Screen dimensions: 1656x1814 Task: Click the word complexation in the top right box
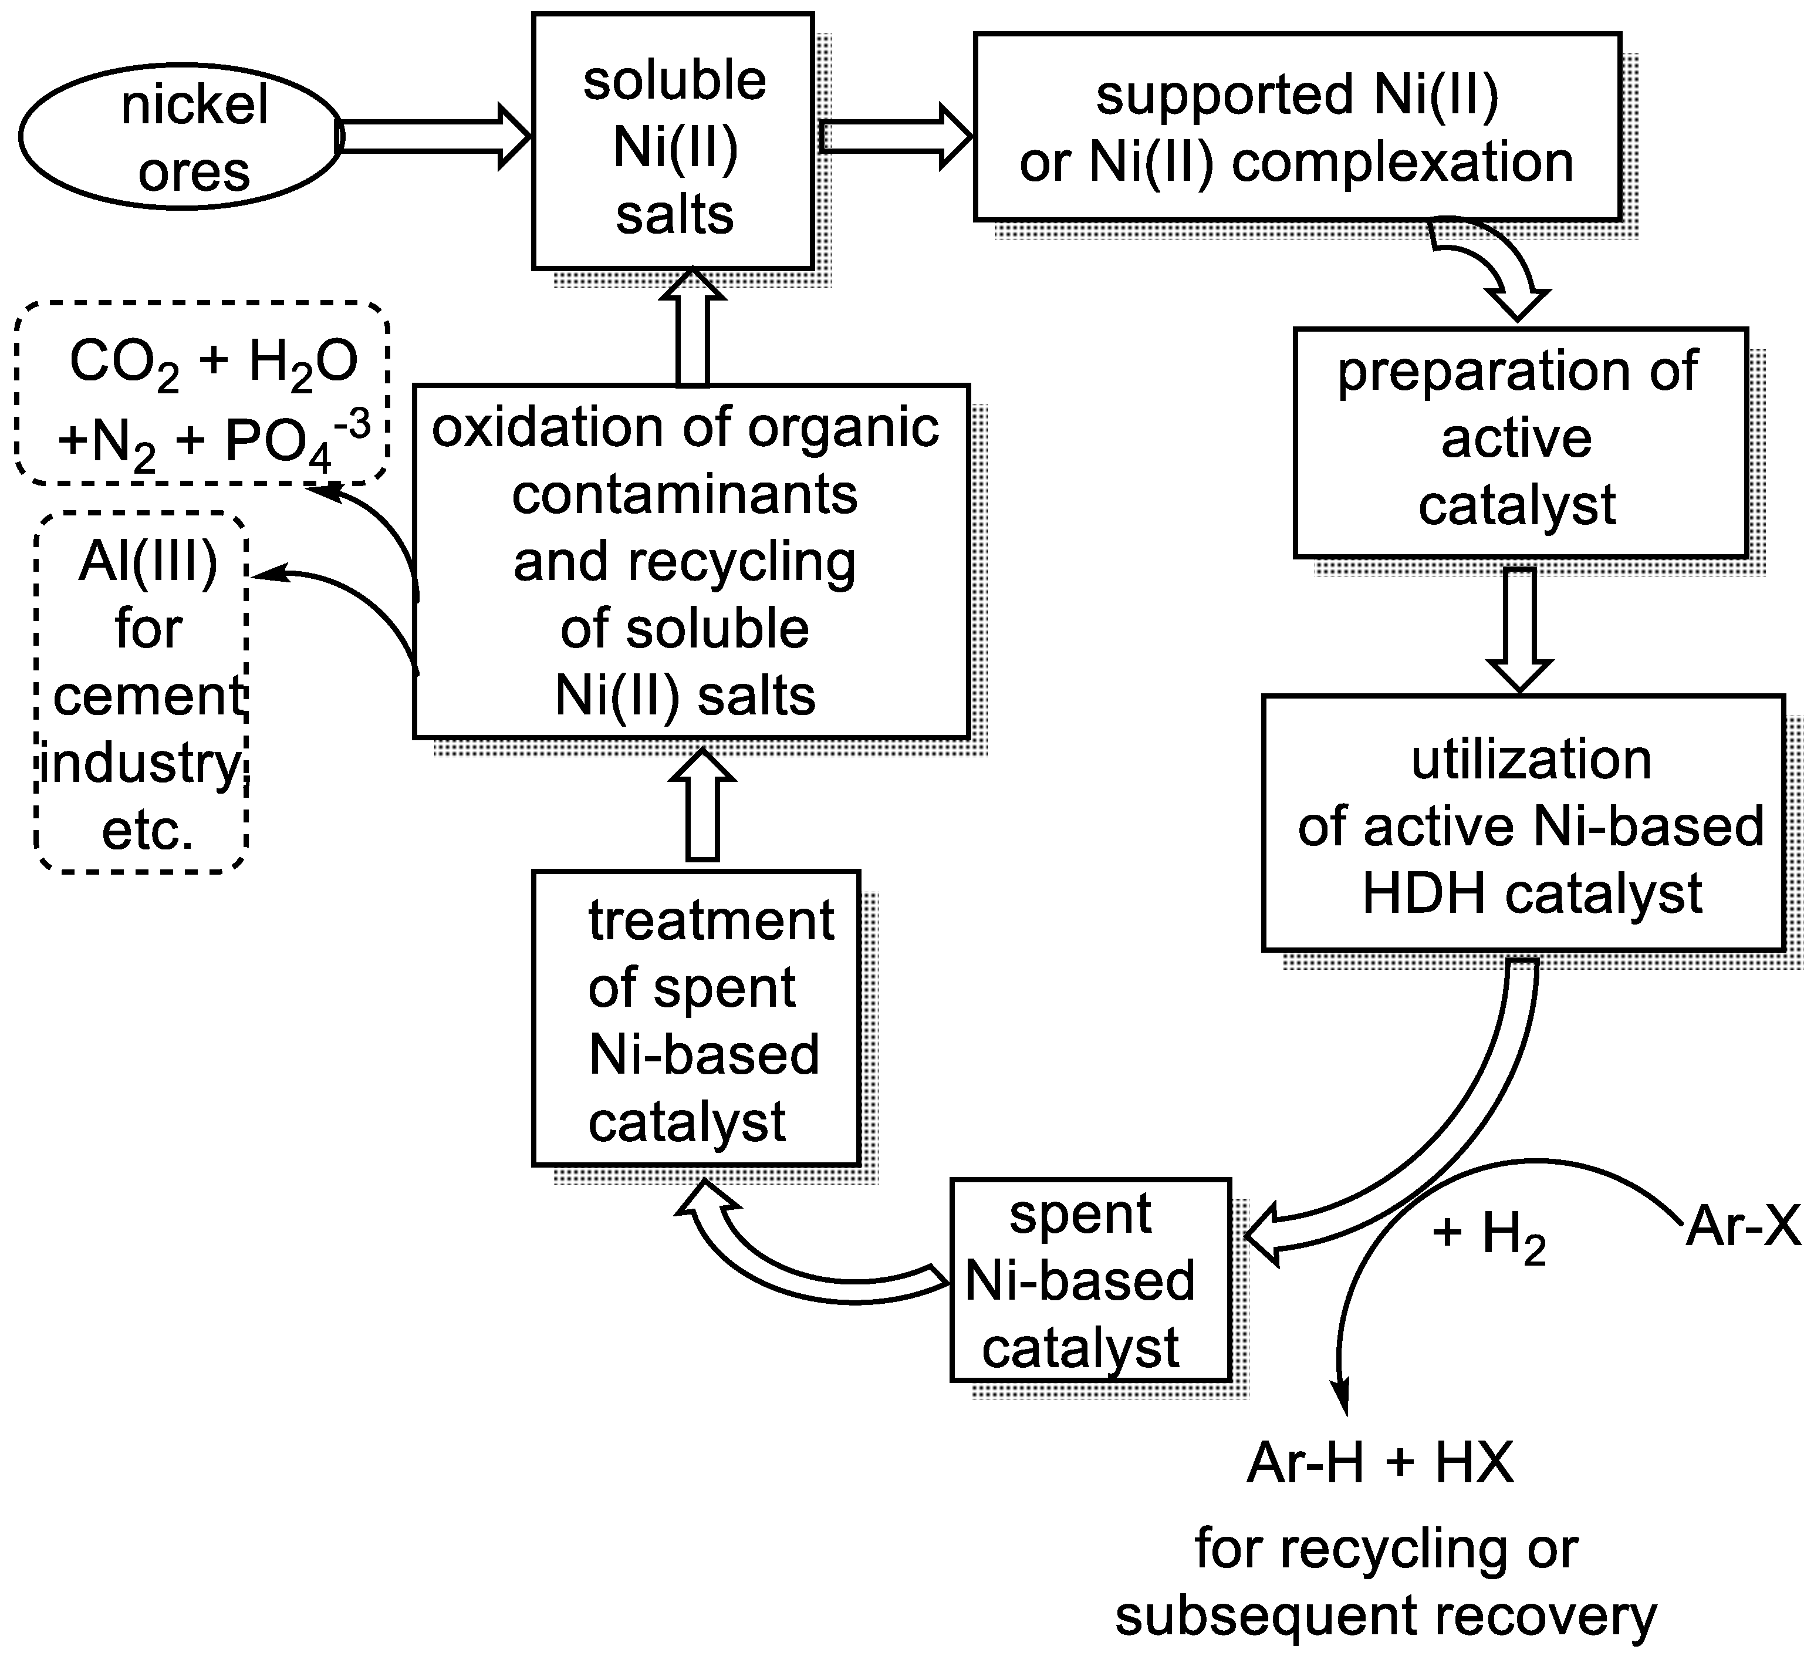point(1402,164)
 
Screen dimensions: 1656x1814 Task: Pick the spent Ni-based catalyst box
point(1089,1281)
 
